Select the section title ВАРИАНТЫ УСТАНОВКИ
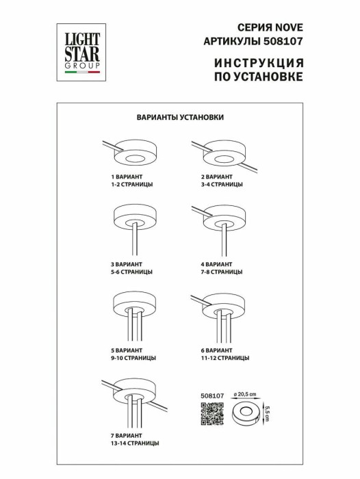click(x=180, y=117)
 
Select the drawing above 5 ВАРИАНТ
click(x=136, y=318)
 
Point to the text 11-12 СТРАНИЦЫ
click(x=218, y=358)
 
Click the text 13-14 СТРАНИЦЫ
click(x=135, y=443)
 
